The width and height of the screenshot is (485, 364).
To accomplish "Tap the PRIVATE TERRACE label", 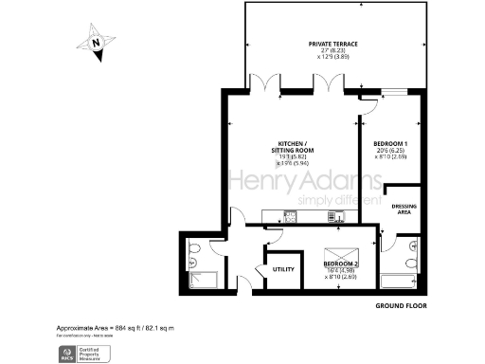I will click(x=332, y=44).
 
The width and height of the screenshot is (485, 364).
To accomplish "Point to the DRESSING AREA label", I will click(x=405, y=210).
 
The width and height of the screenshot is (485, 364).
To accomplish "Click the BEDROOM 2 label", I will click(x=342, y=263).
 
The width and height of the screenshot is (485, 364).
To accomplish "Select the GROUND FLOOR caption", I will click(x=398, y=306).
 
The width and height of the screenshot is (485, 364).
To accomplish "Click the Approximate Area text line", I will click(x=115, y=328).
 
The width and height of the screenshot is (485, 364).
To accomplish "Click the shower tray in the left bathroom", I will click(x=204, y=278).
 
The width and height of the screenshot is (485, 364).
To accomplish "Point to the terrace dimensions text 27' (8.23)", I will click(x=332, y=51).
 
